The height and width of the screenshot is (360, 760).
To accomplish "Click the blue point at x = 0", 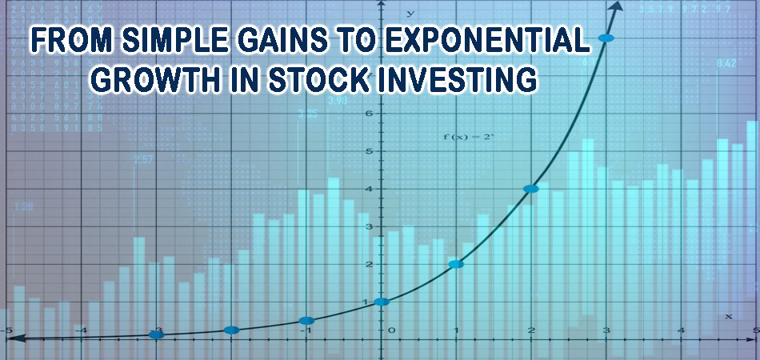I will point(382,302).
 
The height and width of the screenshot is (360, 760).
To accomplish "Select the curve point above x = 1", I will point(456,264).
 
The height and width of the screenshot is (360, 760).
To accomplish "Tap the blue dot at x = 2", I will point(530,189).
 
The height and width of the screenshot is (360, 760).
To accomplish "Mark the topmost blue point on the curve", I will point(606,38).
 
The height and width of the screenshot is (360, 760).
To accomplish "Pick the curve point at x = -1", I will point(306,320).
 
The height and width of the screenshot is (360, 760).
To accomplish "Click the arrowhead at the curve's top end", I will point(617,6).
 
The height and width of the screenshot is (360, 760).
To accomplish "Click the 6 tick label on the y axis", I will point(370,114).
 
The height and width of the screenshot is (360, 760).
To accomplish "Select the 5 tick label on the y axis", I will point(370,151).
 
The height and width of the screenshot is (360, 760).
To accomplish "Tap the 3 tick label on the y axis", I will point(370,227).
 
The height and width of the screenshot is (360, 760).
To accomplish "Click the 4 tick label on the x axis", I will point(681,330).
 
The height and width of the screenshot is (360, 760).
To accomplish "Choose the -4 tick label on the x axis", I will point(81,330).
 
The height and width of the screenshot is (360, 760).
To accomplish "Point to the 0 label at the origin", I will point(391,330).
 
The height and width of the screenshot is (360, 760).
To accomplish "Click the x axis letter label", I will point(728,317).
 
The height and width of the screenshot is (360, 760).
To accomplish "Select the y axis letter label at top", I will point(410,13).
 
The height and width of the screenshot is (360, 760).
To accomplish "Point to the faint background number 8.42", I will point(726,62).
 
